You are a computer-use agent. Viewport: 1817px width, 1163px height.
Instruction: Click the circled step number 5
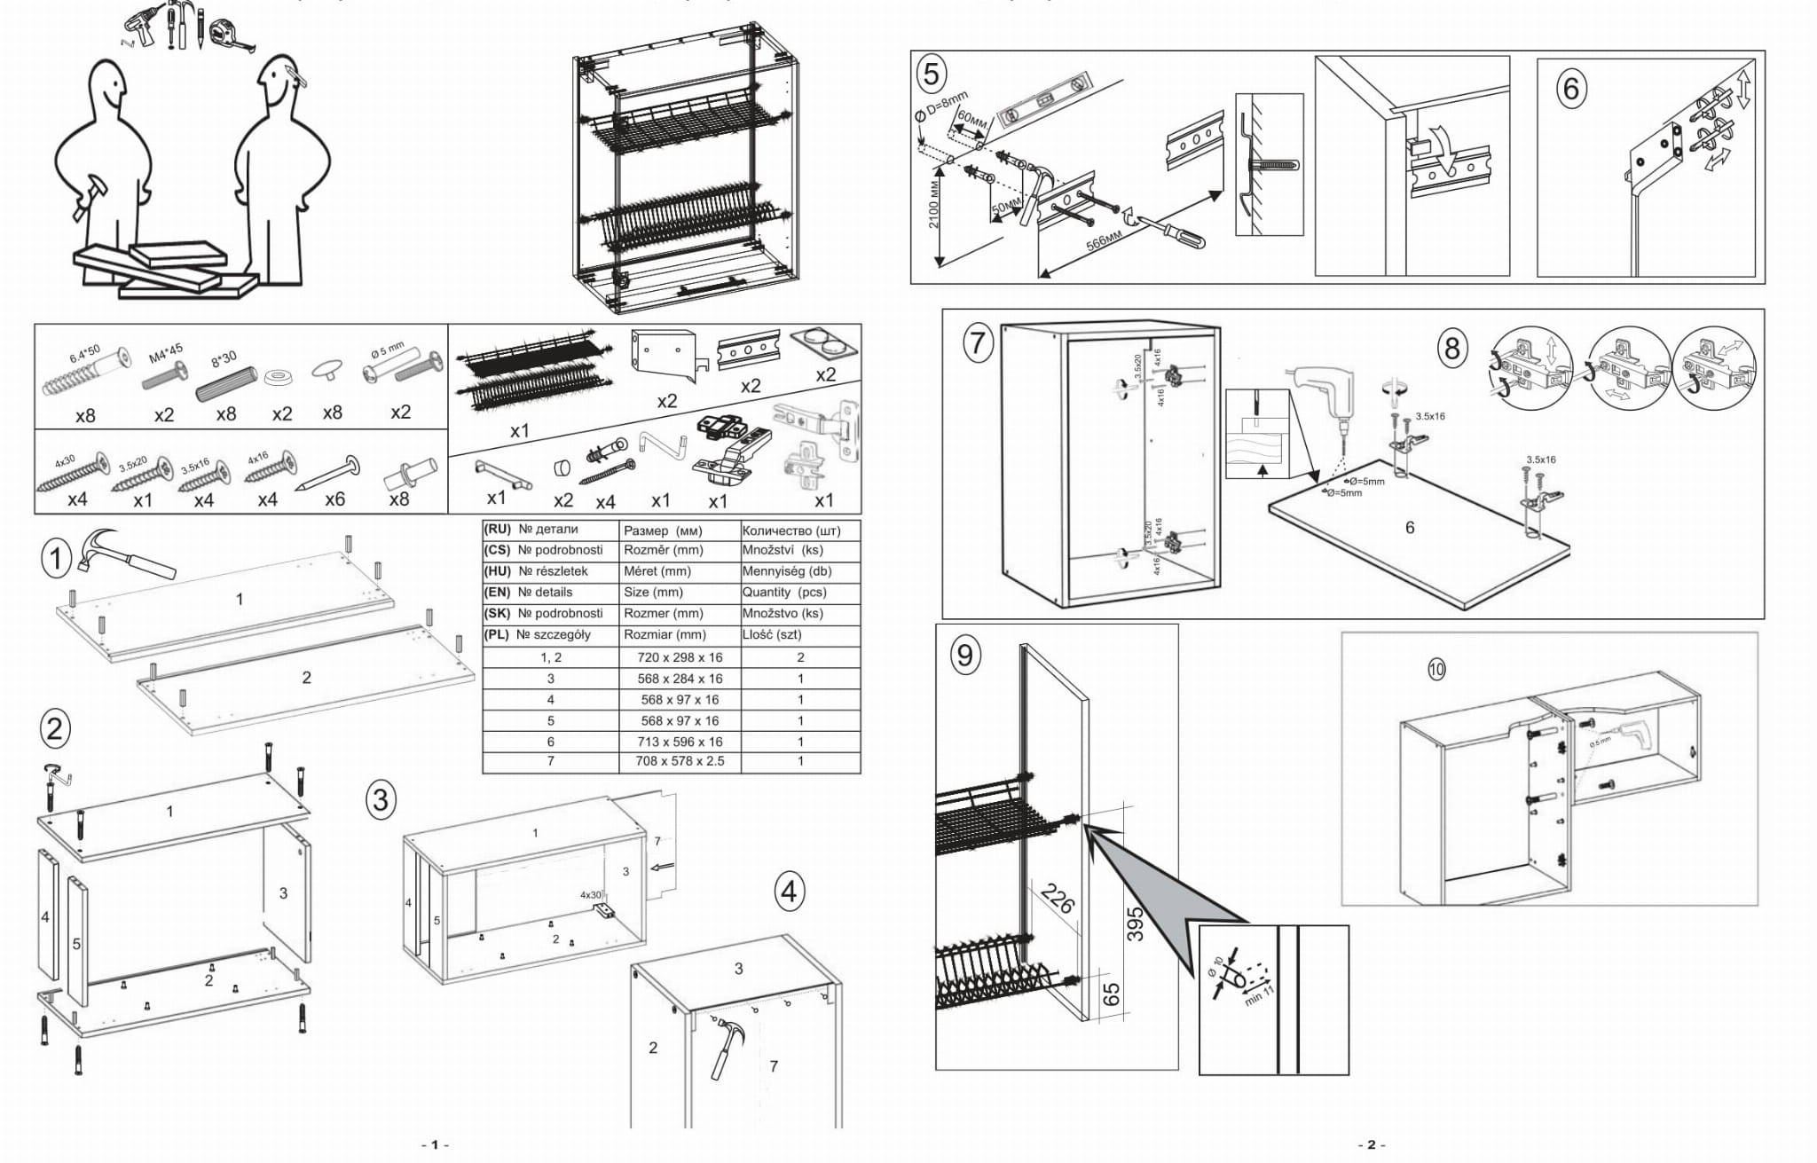point(931,74)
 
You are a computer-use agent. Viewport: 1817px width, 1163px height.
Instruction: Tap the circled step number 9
point(964,655)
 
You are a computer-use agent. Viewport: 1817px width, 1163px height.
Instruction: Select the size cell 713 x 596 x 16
point(680,742)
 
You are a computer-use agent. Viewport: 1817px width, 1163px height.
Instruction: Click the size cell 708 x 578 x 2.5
point(680,761)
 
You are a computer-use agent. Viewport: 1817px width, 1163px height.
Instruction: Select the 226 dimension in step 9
point(1058,899)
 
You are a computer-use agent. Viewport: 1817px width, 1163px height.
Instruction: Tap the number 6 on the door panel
point(1410,528)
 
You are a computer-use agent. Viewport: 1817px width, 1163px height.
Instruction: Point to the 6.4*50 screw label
point(85,352)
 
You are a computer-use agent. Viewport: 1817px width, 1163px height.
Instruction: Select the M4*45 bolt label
point(166,353)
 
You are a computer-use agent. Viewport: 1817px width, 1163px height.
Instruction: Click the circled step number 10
point(1436,670)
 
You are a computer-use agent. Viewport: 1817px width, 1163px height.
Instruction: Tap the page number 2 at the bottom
point(1371,1144)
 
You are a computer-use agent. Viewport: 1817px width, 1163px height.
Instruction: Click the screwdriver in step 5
point(1176,233)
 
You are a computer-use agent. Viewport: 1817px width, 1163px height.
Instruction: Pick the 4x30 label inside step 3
point(591,894)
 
